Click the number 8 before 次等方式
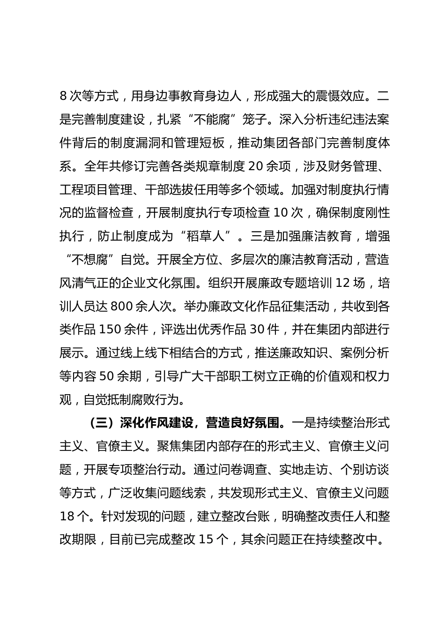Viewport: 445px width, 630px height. (64, 97)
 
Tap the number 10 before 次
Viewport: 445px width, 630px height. (280, 213)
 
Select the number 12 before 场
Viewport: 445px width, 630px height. (343, 283)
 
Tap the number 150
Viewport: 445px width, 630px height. (111, 330)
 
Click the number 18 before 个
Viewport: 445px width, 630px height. (67, 517)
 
